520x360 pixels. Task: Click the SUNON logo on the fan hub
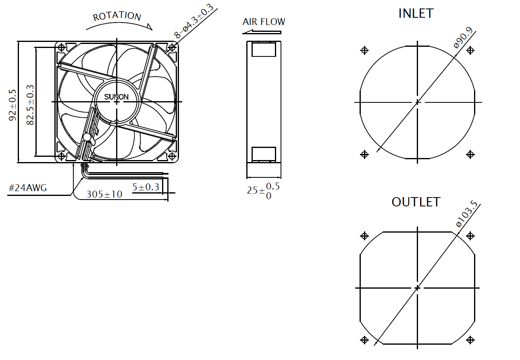[116, 97]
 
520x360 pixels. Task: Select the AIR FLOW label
[264, 22]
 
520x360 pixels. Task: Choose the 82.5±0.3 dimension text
[30, 105]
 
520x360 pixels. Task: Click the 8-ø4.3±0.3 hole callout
[195, 21]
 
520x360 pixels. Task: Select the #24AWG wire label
[28, 188]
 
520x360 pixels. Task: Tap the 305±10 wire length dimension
[104, 194]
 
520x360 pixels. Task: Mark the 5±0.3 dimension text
[146, 187]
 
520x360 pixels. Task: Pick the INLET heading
[416, 13]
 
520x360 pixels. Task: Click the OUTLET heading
[416, 202]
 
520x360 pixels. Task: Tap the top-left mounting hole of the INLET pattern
[364, 50]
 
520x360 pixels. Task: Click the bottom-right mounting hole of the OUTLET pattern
[470, 340]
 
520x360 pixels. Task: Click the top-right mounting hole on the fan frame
[172, 48]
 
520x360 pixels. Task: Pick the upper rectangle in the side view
[264, 49]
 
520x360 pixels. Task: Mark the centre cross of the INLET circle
[418, 102]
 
